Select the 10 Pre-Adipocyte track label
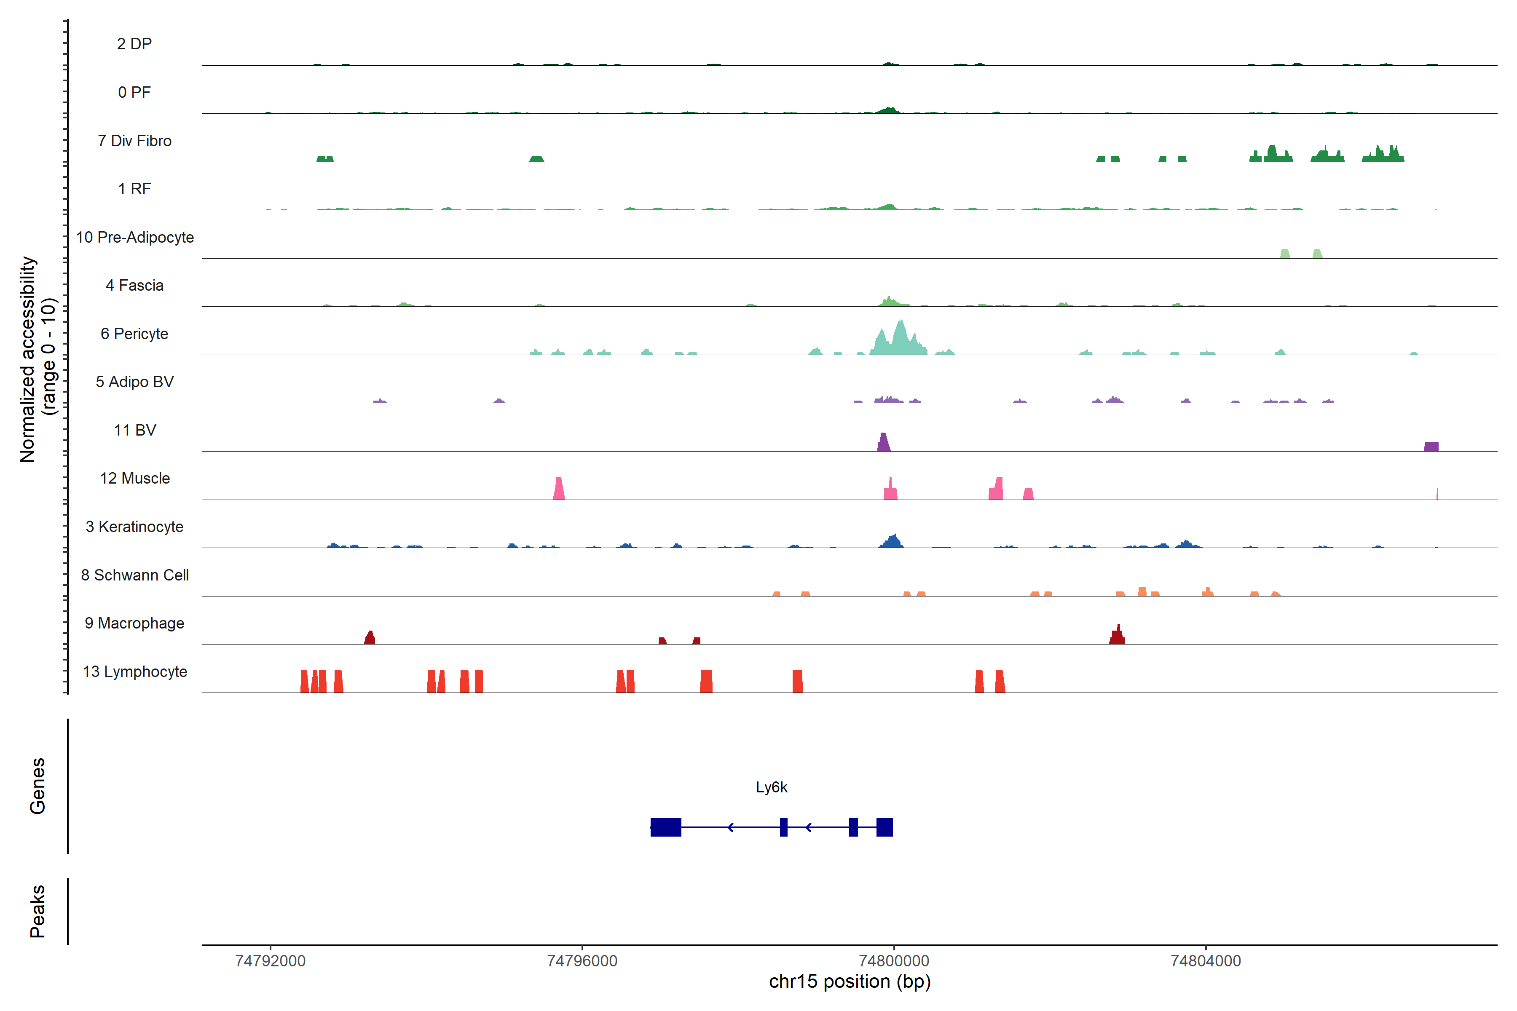pos(135,237)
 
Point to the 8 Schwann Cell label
pos(135,575)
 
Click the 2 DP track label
pos(134,44)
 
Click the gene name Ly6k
pos(772,787)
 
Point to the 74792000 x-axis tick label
pos(270,961)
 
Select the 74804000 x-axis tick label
pos(1206,961)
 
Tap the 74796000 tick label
pos(582,961)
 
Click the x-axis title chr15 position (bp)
pos(850,982)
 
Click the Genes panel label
pos(38,786)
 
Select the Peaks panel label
pos(38,911)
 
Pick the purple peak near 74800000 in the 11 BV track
pos(884,443)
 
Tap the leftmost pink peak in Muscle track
pos(559,489)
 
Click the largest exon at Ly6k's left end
pos(666,827)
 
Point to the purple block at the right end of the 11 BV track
pos(1431,446)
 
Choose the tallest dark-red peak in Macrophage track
pos(1118,636)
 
